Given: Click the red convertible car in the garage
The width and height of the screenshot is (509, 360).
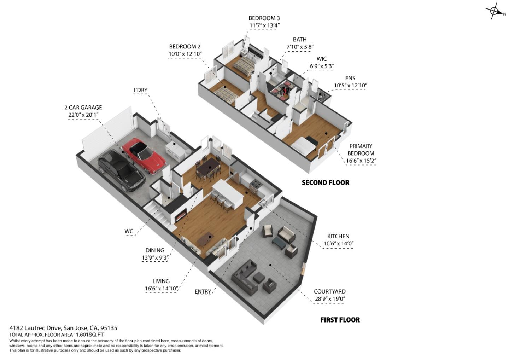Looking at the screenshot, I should pos(144,156).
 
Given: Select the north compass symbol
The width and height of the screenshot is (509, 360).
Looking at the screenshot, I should pos(495,11).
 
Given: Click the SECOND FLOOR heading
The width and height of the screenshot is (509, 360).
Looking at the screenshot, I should pos(325,182).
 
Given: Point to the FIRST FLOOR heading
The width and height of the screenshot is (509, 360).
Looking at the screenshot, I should pos(340,320).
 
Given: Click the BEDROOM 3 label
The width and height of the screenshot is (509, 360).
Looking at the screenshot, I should pos(264,18).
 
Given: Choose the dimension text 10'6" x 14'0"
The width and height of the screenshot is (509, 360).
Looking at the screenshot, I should pos(338,243).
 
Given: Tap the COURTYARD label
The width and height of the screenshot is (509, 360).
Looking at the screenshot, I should pos(329,291).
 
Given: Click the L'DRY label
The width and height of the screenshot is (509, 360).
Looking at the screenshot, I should pos(140,90).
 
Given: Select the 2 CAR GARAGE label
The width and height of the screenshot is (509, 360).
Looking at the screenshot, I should pos(83,107).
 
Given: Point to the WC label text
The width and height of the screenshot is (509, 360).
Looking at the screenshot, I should pos(129,231).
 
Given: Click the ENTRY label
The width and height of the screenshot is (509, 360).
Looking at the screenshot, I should pos(203,291).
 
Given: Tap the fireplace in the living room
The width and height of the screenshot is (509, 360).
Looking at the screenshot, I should pos(181,214).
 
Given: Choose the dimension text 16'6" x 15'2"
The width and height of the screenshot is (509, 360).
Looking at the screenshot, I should pos(361,161).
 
